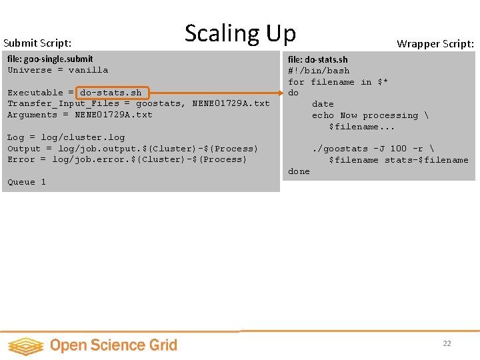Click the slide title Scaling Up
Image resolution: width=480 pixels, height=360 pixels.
[x=240, y=33]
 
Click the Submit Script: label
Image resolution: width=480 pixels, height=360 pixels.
[x=37, y=43]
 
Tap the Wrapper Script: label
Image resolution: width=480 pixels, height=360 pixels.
[x=435, y=44]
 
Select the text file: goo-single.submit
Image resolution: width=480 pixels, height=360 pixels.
[x=50, y=59]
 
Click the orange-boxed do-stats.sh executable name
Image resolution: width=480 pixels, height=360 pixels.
[x=111, y=93]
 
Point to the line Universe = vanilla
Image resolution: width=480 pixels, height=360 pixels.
[x=57, y=70]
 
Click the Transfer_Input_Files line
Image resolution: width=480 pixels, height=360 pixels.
[x=139, y=103]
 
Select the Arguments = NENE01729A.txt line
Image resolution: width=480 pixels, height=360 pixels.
[x=80, y=115]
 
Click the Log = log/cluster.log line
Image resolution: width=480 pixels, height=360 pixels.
[x=66, y=137]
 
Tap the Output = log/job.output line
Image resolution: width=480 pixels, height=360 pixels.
[x=133, y=149]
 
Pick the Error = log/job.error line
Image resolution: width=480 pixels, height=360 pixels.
[x=127, y=159]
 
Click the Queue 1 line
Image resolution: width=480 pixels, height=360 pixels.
[x=27, y=182]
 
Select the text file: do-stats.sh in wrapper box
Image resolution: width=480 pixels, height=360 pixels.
[x=317, y=59]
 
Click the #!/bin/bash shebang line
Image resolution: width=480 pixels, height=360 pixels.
[x=319, y=71]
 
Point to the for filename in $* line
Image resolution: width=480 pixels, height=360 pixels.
[x=338, y=82]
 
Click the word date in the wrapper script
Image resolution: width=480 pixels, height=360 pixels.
[x=323, y=104]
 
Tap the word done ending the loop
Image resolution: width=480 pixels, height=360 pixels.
[x=299, y=171]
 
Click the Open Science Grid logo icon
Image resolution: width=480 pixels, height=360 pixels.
[x=25, y=345]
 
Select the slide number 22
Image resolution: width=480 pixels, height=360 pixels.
[x=447, y=343]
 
